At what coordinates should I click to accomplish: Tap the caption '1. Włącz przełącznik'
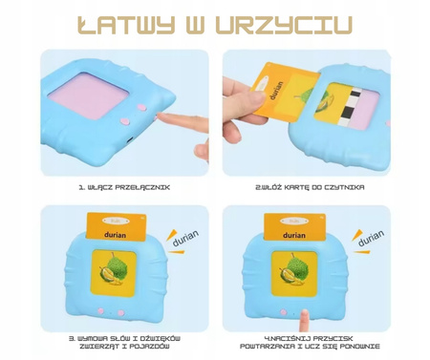[124, 187]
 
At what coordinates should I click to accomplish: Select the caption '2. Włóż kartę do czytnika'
[310, 187]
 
